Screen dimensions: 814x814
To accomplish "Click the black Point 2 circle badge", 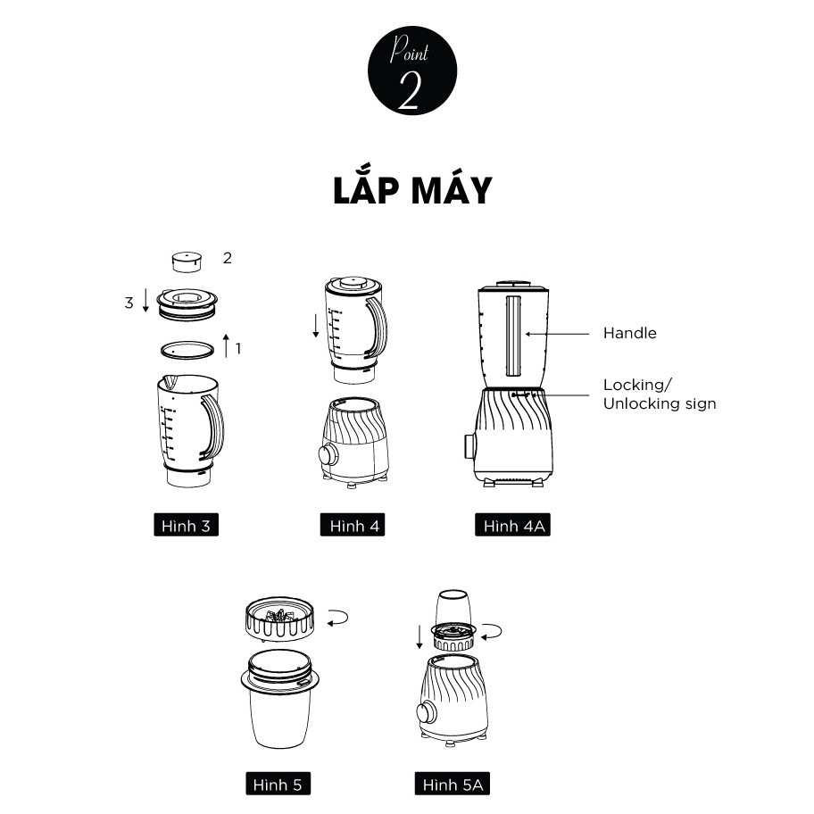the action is [412, 71].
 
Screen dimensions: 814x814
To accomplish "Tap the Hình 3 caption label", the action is [186, 525].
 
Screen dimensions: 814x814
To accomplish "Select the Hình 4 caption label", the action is [353, 525].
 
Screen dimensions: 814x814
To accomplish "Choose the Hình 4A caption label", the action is [512, 525].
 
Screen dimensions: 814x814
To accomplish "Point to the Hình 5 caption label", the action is [278, 784].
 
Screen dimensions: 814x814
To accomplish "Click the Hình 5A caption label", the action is [453, 784].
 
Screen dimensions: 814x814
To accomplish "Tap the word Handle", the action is [630, 333].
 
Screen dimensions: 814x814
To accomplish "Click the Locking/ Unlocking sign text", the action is [660, 394].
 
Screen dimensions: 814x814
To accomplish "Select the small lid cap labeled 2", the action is [187, 262].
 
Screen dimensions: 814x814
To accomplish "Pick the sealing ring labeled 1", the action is [187, 350].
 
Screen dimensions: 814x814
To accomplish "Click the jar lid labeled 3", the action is [187, 304].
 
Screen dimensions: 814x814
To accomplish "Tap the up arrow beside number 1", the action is [226, 345].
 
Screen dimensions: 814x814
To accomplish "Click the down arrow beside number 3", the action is [145, 300].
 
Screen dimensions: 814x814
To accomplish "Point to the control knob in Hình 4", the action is [328, 455].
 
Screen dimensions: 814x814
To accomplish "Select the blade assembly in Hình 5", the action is [280, 619].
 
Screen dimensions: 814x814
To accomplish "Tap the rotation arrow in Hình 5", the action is [338, 618].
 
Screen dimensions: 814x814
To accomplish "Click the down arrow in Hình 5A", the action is [419, 637].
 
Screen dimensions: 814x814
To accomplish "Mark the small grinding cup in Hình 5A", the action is [453, 608].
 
